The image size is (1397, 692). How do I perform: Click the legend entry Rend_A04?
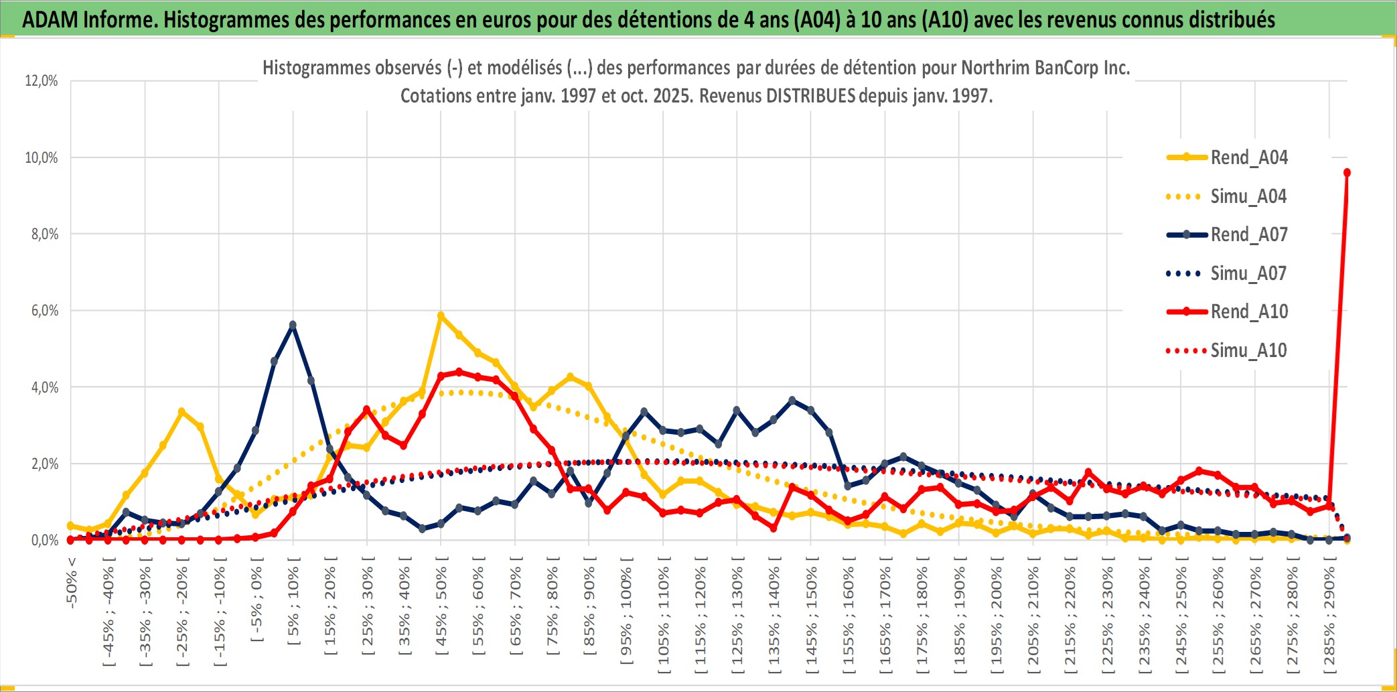tap(1248, 157)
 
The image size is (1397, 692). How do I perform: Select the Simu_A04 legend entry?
tap(1248, 196)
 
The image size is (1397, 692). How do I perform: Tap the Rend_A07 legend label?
tap(1248, 234)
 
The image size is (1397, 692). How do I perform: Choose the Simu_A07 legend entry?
tap(1248, 273)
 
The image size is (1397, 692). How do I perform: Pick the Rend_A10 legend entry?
tap(1248, 312)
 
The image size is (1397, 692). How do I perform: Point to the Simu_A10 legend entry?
tap(1248, 350)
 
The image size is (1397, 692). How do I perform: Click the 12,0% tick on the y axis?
tap(42, 81)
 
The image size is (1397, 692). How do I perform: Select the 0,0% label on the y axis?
tap(44, 541)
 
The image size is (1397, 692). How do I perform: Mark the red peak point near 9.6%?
tap(1347, 173)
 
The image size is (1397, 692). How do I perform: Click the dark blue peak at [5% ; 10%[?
tap(293, 325)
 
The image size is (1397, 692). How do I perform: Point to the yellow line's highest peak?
tap(441, 315)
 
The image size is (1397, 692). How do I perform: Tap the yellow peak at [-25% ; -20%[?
tap(181, 411)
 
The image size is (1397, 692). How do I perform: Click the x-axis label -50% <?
tap(72, 583)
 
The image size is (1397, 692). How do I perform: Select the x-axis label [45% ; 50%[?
tap(441, 610)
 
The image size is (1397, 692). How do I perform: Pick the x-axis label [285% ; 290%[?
tap(1329, 619)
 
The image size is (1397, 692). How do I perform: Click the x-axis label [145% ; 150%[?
tap(811, 619)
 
